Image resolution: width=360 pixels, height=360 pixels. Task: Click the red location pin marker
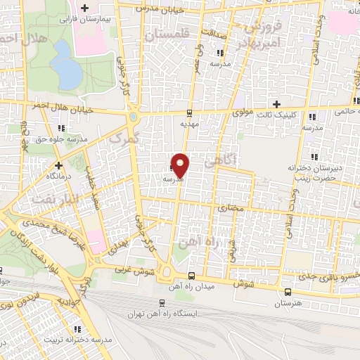(181, 165)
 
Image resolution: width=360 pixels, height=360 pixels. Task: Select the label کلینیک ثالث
(276, 115)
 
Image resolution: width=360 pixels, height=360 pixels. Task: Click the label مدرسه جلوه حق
(60, 139)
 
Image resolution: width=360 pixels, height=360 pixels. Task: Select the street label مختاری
(230, 209)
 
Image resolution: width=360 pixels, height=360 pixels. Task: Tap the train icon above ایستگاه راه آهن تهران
(162, 303)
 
